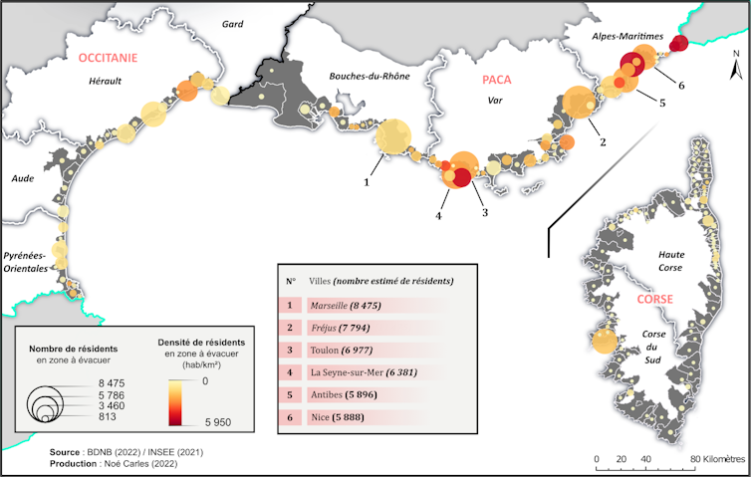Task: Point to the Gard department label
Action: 233,23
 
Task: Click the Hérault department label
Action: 104,81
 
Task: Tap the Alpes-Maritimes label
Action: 626,36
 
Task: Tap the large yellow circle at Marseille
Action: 391,137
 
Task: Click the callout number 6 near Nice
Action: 681,85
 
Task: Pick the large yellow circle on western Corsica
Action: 604,342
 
